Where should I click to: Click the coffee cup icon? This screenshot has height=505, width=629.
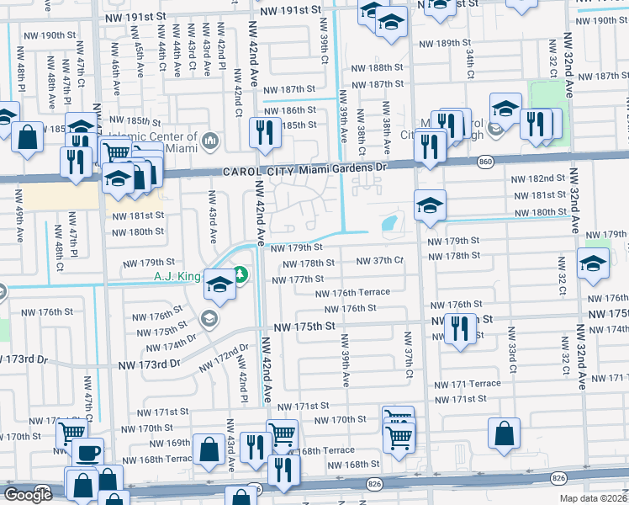coord(87,453)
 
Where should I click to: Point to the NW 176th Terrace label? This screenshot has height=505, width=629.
coord(352,292)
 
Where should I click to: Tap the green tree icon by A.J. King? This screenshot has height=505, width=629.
coord(240,274)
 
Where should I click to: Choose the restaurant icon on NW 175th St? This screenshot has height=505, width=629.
coord(459,327)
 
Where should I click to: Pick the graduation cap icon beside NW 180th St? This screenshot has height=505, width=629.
coord(429,205)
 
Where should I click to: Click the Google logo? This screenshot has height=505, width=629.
coord(28,495)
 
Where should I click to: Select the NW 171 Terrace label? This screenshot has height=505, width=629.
coord(467,384)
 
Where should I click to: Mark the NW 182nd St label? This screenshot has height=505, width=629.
coord(538,178)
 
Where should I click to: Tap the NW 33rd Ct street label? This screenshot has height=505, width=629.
coord(510,358)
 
